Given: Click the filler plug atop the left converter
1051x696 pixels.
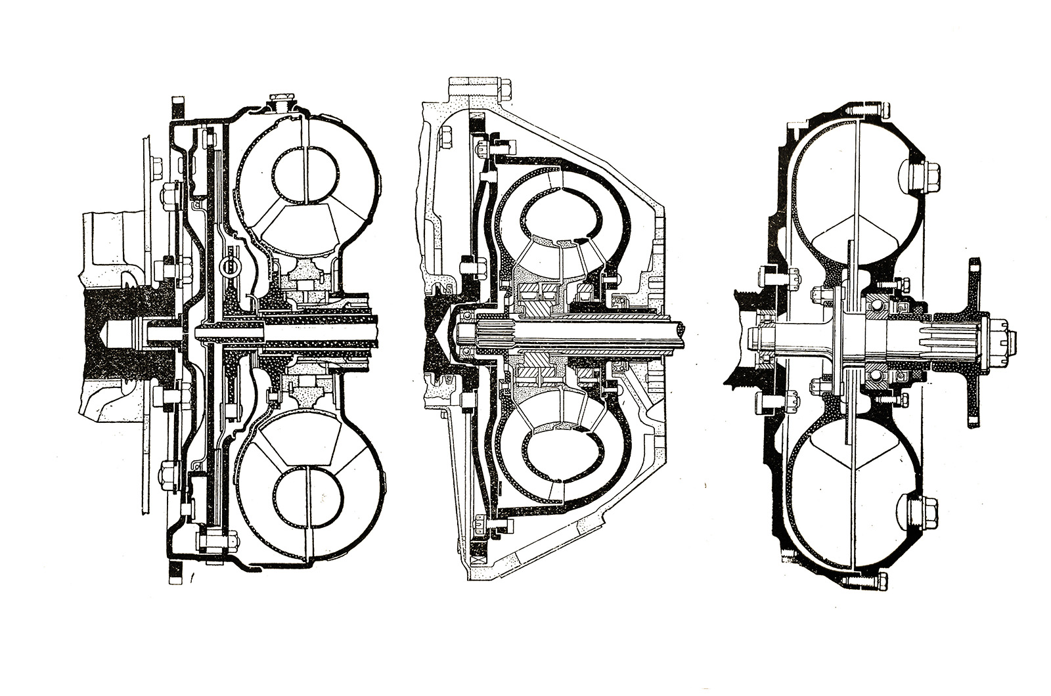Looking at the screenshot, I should [x=280, y=103].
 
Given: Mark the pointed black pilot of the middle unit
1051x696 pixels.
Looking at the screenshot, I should [x=437, y=335].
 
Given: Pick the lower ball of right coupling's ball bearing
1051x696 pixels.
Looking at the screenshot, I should [x=877, y=376].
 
